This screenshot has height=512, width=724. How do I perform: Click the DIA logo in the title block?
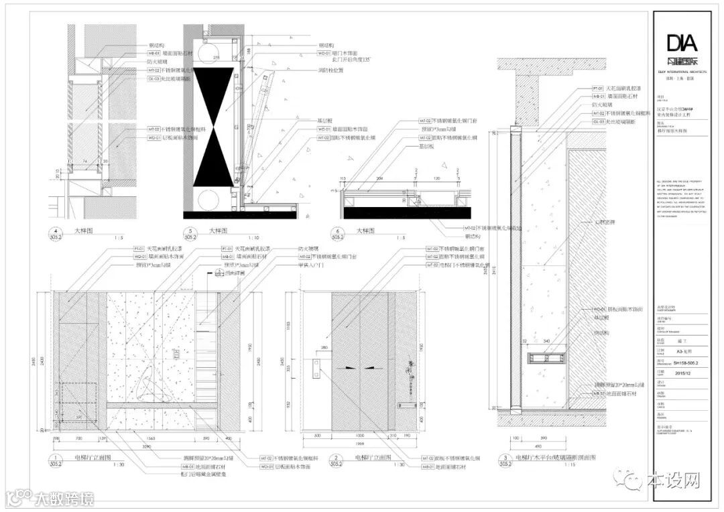point(682,44)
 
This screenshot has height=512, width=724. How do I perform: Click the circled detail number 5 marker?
point(190,233)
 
